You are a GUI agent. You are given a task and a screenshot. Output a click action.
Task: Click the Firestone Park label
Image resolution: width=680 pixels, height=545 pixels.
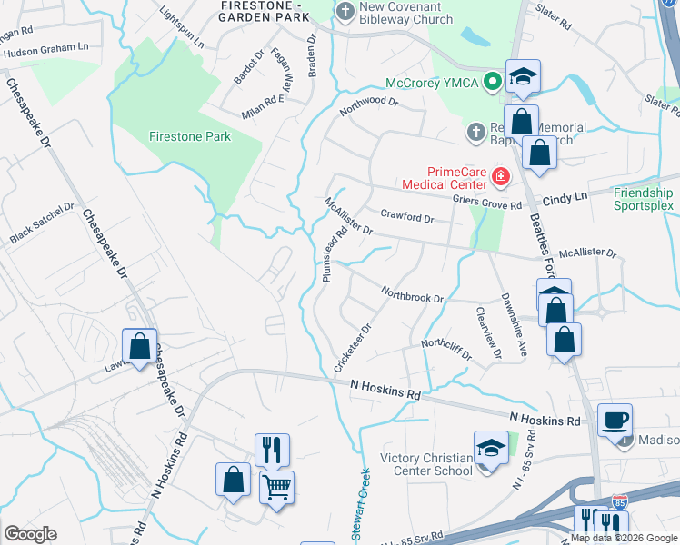pyautogui.click(x=190, y=136)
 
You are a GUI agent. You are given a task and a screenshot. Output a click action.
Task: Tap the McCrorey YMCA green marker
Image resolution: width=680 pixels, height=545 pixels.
pyautogui.click(x=493, y=81)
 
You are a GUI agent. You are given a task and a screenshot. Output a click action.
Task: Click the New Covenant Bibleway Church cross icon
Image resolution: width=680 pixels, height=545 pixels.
pyautogui.click(x=345, y=12)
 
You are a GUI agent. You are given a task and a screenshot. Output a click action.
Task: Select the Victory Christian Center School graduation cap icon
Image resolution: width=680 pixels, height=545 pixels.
pyautogui.click(x=491, y=448)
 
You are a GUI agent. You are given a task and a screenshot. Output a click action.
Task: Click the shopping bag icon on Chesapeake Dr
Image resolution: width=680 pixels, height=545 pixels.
pyautogui.click(x=139, y=346)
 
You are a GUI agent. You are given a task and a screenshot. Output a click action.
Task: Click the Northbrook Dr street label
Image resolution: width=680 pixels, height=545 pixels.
pyautogui.click(x=412, y=295)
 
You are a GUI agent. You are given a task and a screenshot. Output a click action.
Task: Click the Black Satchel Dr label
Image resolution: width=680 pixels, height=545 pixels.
pyautogui.click(x=40, y=223)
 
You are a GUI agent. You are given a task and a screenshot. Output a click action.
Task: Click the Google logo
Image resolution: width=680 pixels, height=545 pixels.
pyautogui.click(x=30, y=534)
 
